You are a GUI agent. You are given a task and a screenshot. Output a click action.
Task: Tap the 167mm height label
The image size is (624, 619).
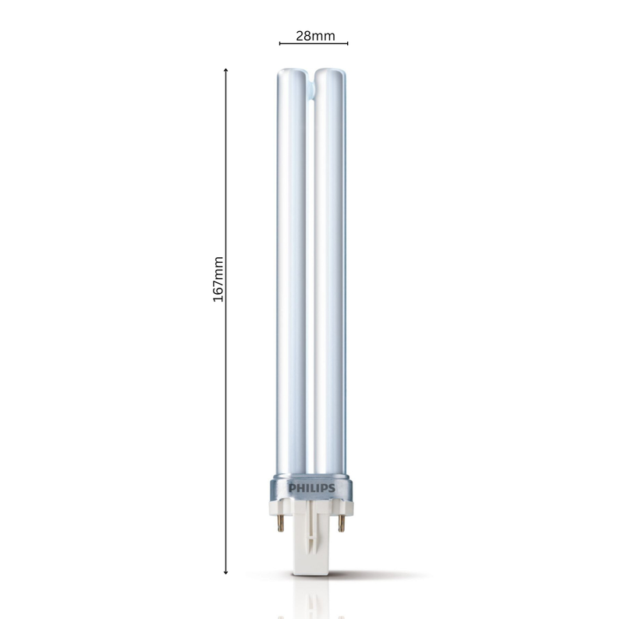coord(218,280)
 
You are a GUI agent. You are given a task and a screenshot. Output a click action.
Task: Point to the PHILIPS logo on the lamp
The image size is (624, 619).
coord(312,488)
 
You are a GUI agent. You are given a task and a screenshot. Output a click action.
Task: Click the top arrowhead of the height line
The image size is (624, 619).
coord(226,71)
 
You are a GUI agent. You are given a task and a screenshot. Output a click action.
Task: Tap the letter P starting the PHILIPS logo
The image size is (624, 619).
coord(292,488)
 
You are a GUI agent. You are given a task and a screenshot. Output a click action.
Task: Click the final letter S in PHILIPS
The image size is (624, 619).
coord(331,488)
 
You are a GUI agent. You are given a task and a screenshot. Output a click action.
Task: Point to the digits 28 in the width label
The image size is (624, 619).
coord(303,35)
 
